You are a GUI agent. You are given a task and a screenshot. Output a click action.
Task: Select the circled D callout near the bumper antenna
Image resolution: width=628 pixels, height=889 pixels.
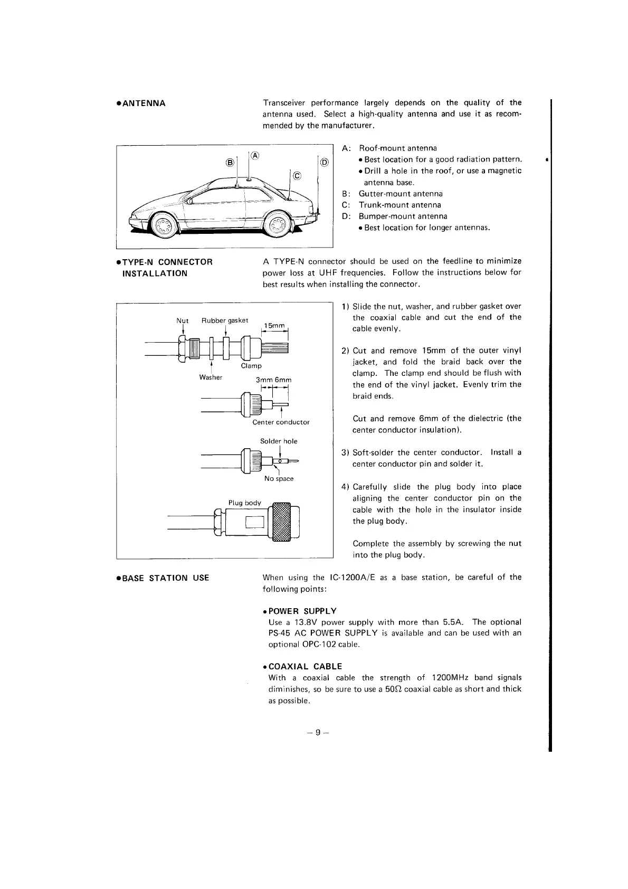(323, 162)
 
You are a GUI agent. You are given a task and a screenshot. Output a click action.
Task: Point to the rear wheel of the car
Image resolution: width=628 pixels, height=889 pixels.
(278, 227)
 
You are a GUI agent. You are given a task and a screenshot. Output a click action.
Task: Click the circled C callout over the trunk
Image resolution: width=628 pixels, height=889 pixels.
(296, 176)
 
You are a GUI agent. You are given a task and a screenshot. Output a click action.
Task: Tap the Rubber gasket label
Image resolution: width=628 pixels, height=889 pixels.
(225, 320)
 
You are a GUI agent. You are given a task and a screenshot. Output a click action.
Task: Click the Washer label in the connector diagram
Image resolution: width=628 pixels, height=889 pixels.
(211, 377)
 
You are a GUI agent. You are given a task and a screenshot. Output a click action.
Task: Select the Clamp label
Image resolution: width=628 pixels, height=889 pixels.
(251, 366)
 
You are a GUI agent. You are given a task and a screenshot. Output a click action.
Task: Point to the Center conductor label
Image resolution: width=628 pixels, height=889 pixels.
(281, 422)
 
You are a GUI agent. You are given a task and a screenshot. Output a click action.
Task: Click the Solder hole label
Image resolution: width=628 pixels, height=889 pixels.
(279, 441)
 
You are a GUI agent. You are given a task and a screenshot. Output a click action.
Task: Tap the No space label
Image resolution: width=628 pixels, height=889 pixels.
(279, 479)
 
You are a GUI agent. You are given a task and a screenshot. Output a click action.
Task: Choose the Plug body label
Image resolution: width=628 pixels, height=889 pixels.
(244, 503)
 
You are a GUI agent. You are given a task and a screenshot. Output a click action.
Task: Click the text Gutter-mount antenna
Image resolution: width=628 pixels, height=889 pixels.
(401, 194)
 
